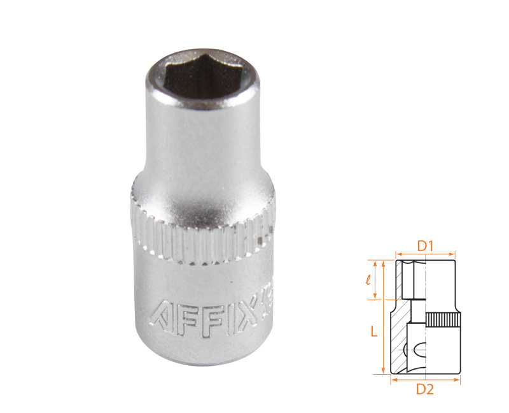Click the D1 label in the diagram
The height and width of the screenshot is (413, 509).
(x=424, y=245)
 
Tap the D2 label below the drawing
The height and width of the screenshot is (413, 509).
(x=424, y=391)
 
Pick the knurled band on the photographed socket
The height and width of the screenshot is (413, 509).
(x=204, y=239)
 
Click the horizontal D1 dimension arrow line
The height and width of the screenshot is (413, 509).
(x=425, y=253)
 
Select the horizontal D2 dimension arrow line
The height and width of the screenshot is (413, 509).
(x=424, y=380)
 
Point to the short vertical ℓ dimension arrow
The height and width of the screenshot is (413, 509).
(x=377, y=279)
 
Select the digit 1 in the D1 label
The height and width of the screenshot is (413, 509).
(x=430, y=245)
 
